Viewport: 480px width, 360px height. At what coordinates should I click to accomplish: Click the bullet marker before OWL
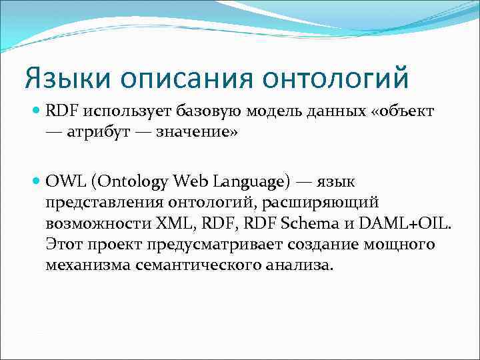pos(37,180)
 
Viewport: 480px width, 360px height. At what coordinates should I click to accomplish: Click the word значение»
pos(197,132)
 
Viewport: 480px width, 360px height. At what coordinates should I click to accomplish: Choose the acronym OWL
pos(66,180)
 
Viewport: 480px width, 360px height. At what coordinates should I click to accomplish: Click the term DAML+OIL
pos(405,222)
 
